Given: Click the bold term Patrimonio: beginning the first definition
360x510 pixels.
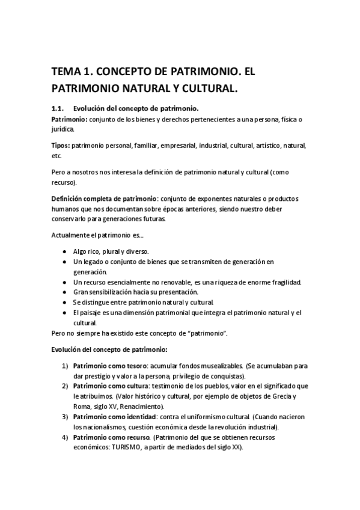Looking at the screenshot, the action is [70, 120].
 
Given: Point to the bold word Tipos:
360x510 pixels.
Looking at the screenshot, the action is [61, 146].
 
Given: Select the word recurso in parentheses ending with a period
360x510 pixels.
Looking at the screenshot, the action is [64, 182].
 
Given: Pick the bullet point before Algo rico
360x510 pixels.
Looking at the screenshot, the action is [65, 251].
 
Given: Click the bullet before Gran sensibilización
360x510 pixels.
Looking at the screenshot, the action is [65, 292].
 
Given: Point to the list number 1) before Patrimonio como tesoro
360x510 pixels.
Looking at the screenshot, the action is [64, 366].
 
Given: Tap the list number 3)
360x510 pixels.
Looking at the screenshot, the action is [64, 416].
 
